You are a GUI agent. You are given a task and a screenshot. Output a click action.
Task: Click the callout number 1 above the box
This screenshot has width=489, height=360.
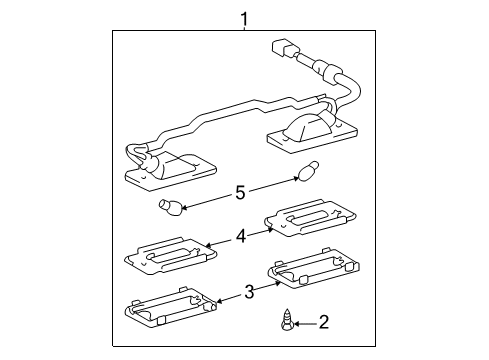click(245, 19)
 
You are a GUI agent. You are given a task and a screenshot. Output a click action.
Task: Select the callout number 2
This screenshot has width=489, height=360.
click(324, 322)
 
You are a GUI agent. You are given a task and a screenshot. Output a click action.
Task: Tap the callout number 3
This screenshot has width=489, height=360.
click(249, 292)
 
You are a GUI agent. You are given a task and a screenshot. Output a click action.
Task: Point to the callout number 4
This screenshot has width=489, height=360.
click(241, 237)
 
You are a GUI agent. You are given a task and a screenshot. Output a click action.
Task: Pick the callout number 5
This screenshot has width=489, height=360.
click(240, 193)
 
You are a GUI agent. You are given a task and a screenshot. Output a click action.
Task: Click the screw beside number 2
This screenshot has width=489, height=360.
click(287, 320)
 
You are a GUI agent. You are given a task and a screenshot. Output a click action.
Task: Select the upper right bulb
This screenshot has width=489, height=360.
click(309, 171)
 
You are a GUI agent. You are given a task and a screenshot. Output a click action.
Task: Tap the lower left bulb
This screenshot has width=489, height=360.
click(170, 208)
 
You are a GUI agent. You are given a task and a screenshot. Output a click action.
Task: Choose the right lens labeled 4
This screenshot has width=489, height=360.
click(310, 218)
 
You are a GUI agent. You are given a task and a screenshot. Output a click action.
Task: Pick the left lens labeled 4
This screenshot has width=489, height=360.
click(170, 255)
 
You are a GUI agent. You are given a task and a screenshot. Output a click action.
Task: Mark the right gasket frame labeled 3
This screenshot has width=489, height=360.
click(314, 268)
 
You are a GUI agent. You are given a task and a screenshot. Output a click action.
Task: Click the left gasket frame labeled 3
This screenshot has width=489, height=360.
click(170, 306)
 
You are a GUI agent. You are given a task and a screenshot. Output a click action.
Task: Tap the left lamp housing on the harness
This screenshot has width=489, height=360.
click(171, 171)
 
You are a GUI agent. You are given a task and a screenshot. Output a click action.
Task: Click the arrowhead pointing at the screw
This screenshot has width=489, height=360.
click(297, 323)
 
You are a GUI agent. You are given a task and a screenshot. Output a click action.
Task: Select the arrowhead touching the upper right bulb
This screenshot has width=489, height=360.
click(296, 179)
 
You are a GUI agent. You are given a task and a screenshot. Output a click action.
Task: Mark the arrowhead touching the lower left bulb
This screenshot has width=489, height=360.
click(184, 207)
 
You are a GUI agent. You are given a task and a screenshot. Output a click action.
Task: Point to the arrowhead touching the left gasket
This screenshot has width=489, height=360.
click(220, 301)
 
